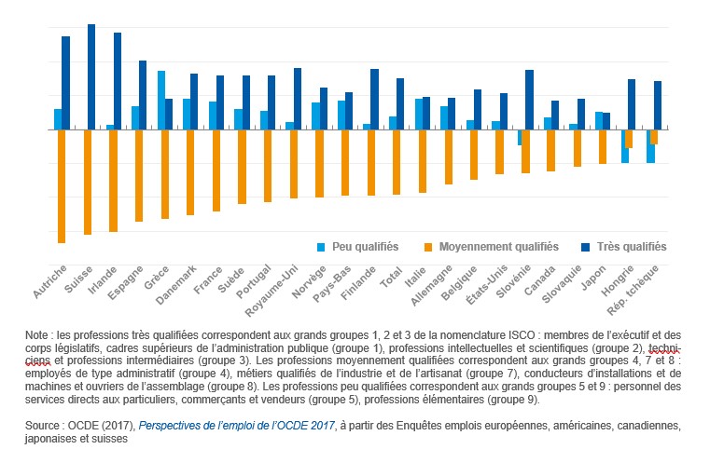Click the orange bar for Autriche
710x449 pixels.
62,186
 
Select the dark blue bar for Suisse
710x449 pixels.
91,76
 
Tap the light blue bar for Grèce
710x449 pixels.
161,100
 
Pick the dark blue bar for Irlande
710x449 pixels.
118,81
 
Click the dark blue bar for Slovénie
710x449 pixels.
529,100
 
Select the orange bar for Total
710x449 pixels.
397,162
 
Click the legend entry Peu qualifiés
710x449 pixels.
366,247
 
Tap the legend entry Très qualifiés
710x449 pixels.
633,247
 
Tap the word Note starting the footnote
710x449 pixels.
38,333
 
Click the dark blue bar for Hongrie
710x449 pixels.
632,104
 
